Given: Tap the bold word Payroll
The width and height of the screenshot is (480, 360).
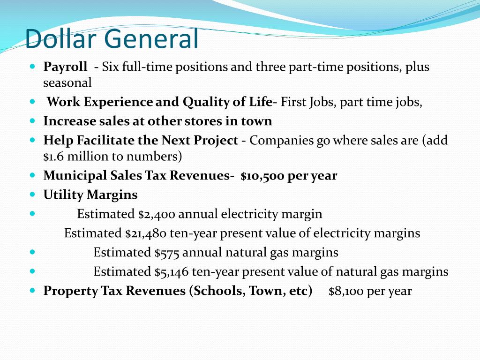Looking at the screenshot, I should pos(65,67).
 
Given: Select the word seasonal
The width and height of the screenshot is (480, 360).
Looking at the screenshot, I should pos(67,83).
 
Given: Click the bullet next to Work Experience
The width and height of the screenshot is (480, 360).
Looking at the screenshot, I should pos(32,101).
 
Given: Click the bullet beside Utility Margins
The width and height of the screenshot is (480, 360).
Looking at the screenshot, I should pos(32,194).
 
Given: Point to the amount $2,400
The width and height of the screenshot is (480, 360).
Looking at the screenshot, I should pos(157,214).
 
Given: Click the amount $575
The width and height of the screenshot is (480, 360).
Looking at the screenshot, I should pos(167,253).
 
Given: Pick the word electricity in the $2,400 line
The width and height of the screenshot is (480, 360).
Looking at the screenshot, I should pos(249,214).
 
